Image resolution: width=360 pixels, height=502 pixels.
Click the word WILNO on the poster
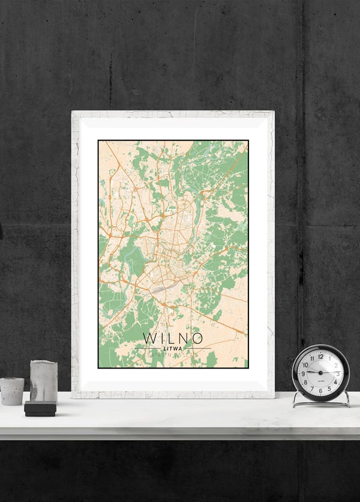pos(173,337)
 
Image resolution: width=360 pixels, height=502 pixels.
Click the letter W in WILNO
pos(149,337)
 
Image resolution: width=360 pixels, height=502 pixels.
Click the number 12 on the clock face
pos(320,356)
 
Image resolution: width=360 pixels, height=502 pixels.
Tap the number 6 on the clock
pos(320,391)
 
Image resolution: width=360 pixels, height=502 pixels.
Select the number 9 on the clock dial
pos(303,373)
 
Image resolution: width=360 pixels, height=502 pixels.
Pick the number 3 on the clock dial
pos(338,373)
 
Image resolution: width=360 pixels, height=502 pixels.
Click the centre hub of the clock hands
pos(320,373)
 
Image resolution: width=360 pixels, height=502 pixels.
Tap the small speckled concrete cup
pos(11,391)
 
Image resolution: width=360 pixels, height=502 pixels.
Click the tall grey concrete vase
pos(43,381)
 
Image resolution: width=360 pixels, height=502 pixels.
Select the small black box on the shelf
pos(40,409)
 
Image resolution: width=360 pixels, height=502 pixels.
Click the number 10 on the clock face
pos(305,364)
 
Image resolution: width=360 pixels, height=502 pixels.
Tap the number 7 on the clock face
pos(312,389)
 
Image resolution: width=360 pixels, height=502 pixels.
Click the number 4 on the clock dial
pos(335,383)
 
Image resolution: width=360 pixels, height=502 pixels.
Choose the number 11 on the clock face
pos(312,358)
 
